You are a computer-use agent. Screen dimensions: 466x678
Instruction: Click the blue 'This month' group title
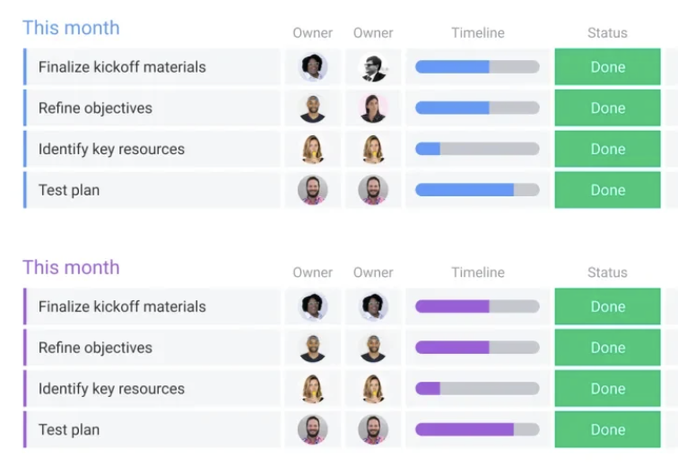pos(71,28)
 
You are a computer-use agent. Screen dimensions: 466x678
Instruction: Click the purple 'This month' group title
pos(71,267)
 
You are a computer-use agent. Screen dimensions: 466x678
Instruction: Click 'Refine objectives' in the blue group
pos(95,108)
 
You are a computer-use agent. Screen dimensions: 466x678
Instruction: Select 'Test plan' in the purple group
pos(69,429)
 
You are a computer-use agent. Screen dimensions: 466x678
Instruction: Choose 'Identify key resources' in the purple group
pos(111,389)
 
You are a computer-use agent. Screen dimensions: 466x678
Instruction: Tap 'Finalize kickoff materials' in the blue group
pos(122,67)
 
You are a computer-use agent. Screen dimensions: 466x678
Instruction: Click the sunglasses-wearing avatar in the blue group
pos(373,67)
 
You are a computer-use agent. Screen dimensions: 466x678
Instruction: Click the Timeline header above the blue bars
pos(477,33)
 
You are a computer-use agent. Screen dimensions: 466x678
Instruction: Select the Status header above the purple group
pos(607,272)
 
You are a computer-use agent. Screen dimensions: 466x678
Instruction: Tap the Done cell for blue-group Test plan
pos(607,190)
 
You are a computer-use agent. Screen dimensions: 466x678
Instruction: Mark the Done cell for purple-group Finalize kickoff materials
pos(607,306)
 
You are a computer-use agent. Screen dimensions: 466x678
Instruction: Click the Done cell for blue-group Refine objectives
pos(607,108)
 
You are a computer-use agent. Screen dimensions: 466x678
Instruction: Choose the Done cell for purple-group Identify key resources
pos(607,389)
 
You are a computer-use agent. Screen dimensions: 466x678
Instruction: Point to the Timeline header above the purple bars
pos(477,272)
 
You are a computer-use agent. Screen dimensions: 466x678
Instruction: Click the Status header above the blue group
pos(607,33)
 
